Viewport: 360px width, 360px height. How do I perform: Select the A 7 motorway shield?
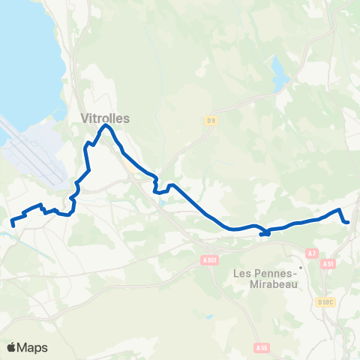pyautogui.click(x=313, y=253)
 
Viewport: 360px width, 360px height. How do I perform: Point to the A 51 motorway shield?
pyautogui.click(x=327, y=264)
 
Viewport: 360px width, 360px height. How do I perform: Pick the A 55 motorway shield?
pyautogui.click(x=261, y=348)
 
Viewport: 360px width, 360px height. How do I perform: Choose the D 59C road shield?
pyautogui.click(x=325, y=302)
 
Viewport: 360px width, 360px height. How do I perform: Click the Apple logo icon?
pyautogui.click(x=12, y=347)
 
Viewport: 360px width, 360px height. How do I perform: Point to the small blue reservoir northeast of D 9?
pyautogui.click(x=278, y=73)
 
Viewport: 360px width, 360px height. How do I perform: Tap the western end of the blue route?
pyautogui.click(x=13, y=223)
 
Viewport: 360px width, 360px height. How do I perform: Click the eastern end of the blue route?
pyautogui.click(x=349, y=222)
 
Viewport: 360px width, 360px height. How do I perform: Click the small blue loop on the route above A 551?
pyautogui.click(x=265, y=234)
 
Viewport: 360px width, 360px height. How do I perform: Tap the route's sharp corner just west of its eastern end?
pyautogui.click(x=340, y=209)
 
